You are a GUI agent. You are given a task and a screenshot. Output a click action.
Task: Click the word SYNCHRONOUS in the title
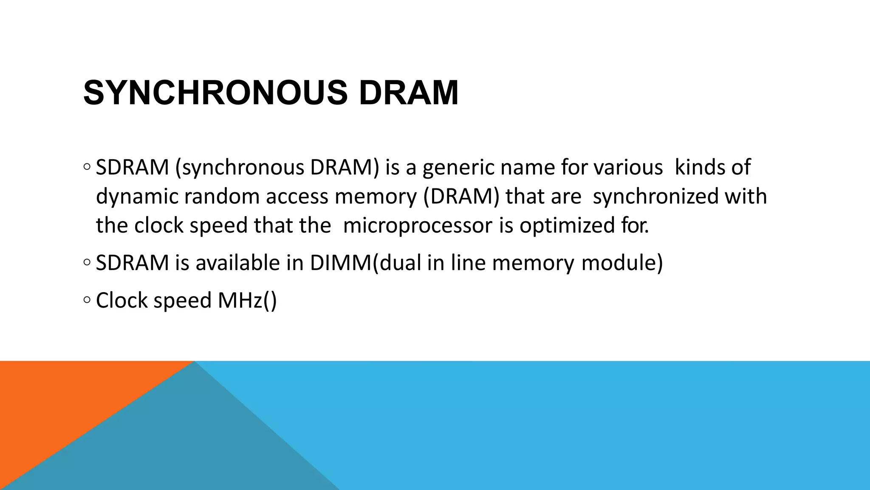pos(215,93)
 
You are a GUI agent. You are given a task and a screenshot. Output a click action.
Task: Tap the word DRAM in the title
pos(409,93)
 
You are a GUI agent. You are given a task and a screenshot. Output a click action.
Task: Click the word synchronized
pos(655,197)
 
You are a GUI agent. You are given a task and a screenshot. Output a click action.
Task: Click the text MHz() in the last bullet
pos(247,300)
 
